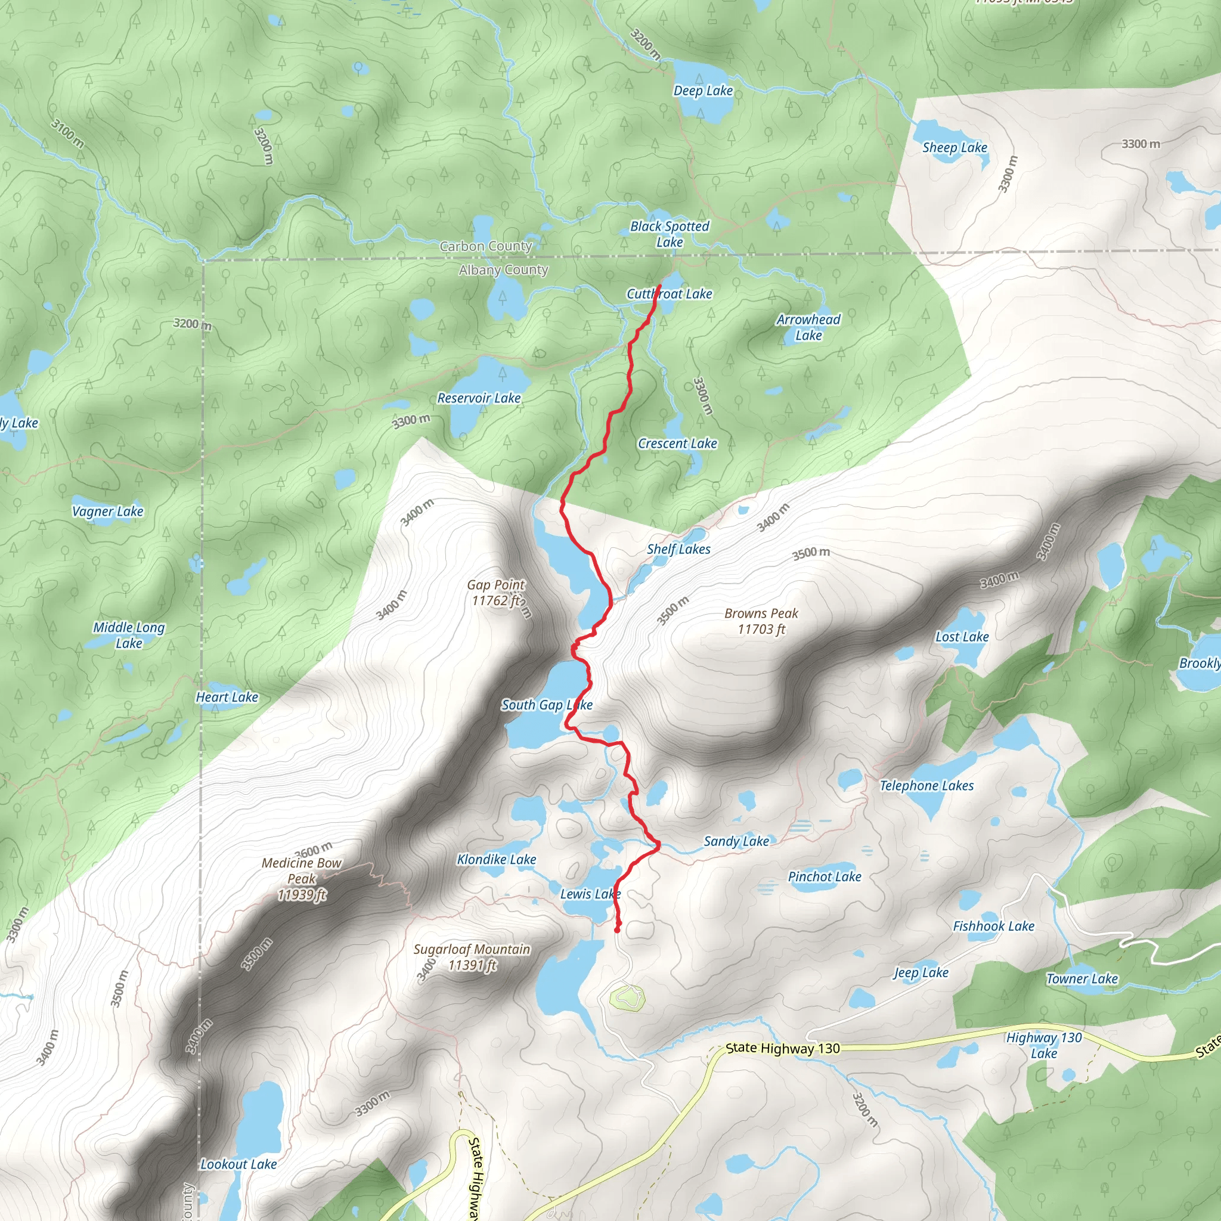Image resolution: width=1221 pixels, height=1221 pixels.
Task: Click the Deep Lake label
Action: click(x=703, y=91)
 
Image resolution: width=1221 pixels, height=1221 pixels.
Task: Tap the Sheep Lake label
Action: click(x=955, y=148)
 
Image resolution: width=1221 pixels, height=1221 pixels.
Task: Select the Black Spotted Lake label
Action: click(x=670, y=234)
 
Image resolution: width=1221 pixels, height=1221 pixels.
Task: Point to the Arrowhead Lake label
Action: click(x=808, y=327)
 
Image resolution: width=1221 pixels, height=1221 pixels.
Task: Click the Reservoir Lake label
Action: click(x=479, y=398)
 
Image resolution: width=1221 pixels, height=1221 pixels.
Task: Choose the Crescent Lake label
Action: click(x=677, y=444)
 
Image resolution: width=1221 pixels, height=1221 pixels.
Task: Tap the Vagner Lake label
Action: click(x=108, y=512)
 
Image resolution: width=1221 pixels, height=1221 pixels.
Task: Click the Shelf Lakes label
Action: click(x=678, y=549)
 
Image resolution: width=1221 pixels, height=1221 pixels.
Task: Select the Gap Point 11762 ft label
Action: click(x=496, y=593)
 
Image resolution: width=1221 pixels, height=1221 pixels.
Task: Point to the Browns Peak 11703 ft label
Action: click(x=761, y=621)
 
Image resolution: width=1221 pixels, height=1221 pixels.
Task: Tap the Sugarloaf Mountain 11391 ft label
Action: click(x=472, y=957)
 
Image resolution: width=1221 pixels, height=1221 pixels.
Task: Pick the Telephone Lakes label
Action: click(x=926, y=786)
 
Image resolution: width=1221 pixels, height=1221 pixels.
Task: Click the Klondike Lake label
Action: click(x=496, y=860)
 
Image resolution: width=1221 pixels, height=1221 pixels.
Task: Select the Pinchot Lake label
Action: click(x=824, y=876)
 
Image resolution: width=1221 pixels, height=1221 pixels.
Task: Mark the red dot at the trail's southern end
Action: click(x=618, y=929)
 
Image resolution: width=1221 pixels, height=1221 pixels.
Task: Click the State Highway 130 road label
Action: click(x=782, y=1049)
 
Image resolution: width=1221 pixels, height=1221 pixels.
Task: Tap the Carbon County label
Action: click(x=485, y=246)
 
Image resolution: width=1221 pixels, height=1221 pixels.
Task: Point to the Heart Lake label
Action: click(x=227, y=697)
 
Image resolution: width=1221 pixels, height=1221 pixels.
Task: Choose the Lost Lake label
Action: click(x=962, y=637)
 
